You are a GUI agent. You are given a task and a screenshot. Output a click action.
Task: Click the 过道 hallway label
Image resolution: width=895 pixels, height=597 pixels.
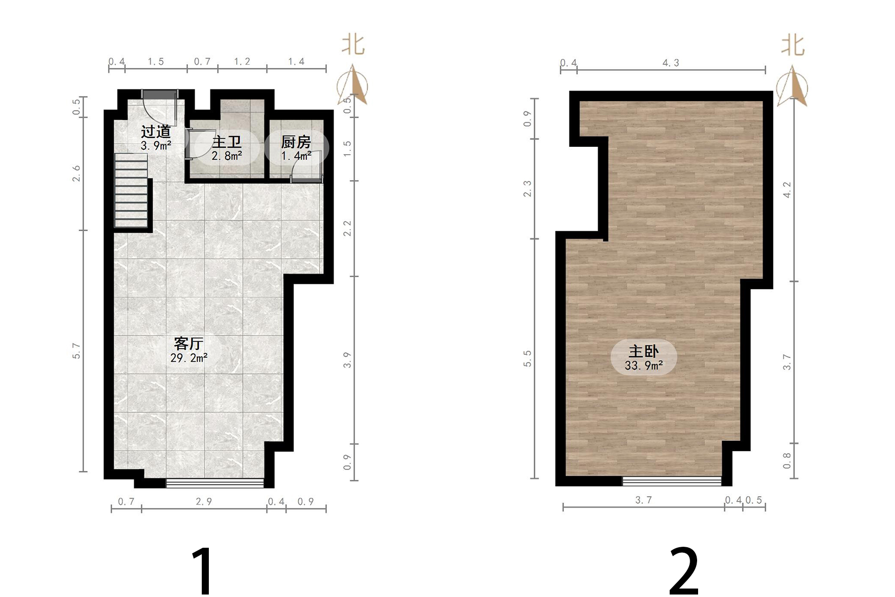156,131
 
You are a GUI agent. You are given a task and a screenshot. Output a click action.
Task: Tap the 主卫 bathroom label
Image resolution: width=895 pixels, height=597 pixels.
227,142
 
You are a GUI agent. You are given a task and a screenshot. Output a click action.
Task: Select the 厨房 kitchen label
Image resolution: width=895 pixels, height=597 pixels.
296,142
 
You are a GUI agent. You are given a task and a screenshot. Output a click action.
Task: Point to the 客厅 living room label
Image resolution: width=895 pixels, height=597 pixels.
189,343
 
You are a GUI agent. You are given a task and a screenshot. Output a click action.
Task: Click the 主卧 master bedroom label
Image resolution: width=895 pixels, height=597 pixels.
643,351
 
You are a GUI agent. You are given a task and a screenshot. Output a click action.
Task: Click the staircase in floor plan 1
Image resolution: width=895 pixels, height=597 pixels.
132,191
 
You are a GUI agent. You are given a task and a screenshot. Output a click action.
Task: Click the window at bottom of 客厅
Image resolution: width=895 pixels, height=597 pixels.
215,483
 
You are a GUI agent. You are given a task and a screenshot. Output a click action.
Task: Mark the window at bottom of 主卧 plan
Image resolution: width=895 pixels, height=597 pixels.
672,481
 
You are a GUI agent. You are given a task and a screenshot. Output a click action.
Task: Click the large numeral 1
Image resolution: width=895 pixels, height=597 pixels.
203,571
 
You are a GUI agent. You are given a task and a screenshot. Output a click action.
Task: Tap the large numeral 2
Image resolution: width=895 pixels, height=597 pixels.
684,571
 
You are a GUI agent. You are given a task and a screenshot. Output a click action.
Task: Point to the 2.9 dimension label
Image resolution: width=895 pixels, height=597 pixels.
204,501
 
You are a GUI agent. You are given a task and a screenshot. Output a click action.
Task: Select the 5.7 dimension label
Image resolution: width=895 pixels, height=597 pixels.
76,351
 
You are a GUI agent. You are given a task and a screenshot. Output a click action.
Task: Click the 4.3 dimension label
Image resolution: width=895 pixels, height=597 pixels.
671,63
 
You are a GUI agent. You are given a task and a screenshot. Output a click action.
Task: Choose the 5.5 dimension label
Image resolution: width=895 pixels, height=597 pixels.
527,359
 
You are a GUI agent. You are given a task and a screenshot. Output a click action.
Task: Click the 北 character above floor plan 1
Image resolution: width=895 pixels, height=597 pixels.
353,45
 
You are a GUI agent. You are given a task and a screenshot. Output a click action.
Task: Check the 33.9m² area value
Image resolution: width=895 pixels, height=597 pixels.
644,366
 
